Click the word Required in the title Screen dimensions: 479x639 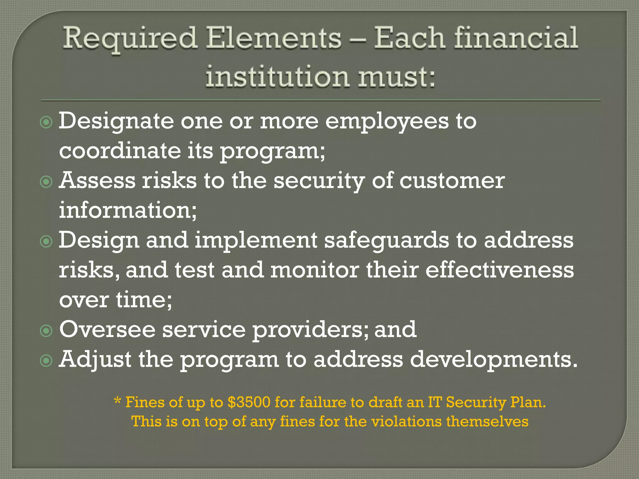coord(130,39)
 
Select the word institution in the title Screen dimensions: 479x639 coord(277,76)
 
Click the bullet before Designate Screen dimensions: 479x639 coord(46,122)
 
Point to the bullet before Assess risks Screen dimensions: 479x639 coord(46,182)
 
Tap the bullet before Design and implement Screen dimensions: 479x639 coord(46,241)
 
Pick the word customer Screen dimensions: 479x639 coord(452,181)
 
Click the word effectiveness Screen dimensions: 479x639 coord(500,270)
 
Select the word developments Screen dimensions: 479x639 coord(494,360)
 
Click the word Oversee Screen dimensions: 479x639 coord(107,330)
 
